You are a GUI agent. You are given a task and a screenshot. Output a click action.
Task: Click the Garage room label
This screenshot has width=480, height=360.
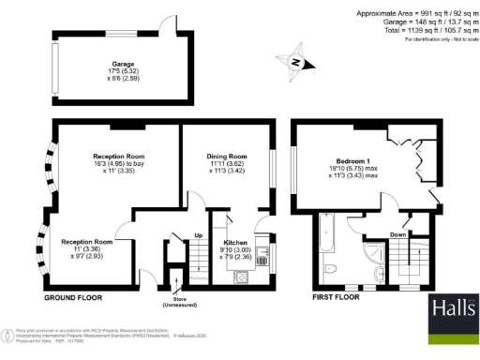coord(119,65)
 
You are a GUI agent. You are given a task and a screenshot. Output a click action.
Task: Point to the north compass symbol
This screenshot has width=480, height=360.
coord(294,62)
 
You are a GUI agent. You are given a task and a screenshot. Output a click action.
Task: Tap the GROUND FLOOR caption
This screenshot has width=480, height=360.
coord(73,298)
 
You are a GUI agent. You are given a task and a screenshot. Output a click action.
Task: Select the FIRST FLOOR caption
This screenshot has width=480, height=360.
coord(336,298)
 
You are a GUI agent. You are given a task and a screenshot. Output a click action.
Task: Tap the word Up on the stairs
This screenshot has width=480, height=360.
coord(198,234)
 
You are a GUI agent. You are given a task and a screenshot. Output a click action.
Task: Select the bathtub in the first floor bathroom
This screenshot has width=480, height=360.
coord(327,236)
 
